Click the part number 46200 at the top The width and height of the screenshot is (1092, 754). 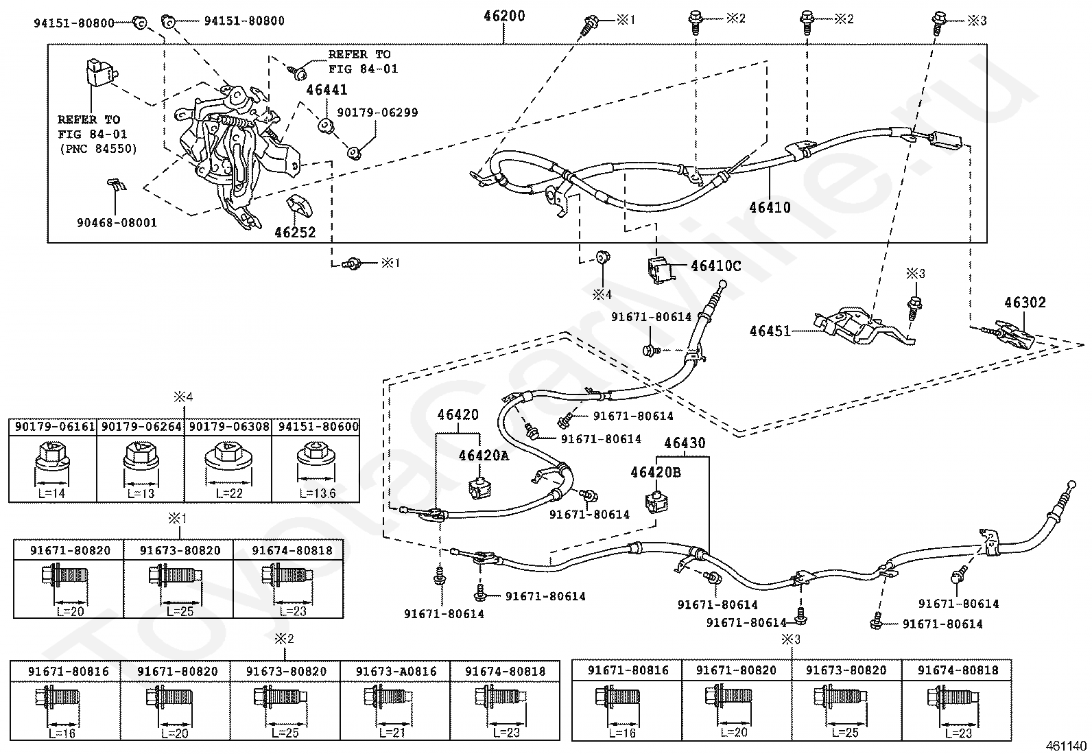coord(504,16)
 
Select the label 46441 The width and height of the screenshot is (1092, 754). coord(327,90)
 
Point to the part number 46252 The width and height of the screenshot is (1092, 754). coord(295,232)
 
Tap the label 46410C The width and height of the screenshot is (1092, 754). coord(715,266)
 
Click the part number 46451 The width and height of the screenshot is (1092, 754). coord(770,331)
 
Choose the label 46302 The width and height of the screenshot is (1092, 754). coord(1025,303)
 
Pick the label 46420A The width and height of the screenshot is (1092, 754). coord(484,456)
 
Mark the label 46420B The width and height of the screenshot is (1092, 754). coord(656,472)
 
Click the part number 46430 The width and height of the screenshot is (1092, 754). coord(685,443)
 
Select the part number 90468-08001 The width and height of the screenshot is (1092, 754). coord(117,223)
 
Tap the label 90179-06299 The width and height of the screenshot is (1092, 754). coord(377,112)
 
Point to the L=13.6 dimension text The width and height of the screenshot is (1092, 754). coord(318,493)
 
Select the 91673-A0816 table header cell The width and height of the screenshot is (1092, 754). coord(395,671)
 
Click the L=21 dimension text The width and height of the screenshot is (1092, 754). coord(392,732)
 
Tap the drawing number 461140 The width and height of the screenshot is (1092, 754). coord(1066,746)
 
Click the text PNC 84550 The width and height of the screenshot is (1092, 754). coord(97,148)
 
